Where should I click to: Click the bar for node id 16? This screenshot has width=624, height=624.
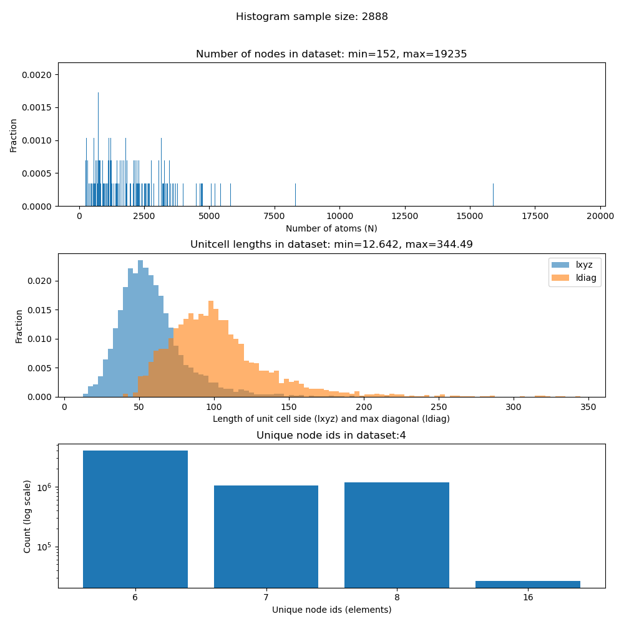pyautogui.click(x=528, y=584)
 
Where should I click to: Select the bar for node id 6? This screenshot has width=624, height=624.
pyautogui.click(x=135, y=518)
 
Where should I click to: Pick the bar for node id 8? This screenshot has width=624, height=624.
pyautogui.click(x=397, y=534)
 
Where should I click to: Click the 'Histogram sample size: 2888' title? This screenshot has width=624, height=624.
pyautogui.click(x=311, y=17)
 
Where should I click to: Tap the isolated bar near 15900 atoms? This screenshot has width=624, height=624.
pyautogui.click(x=493, y=195)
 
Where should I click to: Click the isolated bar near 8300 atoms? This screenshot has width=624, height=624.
pyautogui.click(x=295, y=195)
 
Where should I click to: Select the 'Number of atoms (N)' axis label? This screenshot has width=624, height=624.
pyautogui.click(x=331, y=229)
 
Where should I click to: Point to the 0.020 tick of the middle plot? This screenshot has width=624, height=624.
pyautogui.click(x=44, y=281)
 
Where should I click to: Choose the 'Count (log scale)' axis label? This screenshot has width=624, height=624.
pyautogui.click(x=27, y=516)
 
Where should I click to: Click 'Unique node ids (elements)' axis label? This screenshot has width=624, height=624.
pyautogui.click(x=331, y=610)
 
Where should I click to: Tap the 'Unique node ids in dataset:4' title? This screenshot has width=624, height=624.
pyautogui.click(x=331, y=436)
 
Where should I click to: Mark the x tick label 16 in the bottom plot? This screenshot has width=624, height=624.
pyautogui.click(x=528, y=597)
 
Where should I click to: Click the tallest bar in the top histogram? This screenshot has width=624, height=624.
pyautogui.click(x=98, y=150)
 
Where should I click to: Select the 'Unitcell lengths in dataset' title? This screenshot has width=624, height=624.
pyautogui.click(x=331, y=245)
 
